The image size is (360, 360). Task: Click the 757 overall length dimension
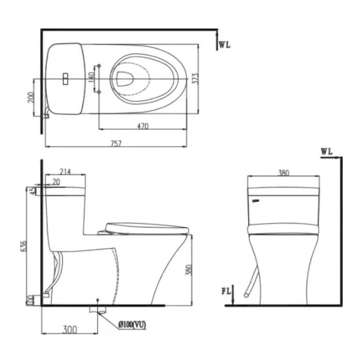click(x=116, y=143)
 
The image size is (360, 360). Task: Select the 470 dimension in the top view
click(x=143, y=126)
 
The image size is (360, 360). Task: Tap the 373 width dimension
click(x=195, y=78)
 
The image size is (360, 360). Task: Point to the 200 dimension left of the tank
click(x=31, y=97)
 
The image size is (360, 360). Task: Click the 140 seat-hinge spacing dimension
click(x=91, y=78)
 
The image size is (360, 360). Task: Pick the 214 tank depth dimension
click(x=65, y=172)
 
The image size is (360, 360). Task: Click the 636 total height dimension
click(x=23, y=246)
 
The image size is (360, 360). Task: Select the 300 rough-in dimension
click(x=70, y=330)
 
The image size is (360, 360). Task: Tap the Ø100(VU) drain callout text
click(x=132, y=325)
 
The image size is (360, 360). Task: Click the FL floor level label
click(x=226, y=292)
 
